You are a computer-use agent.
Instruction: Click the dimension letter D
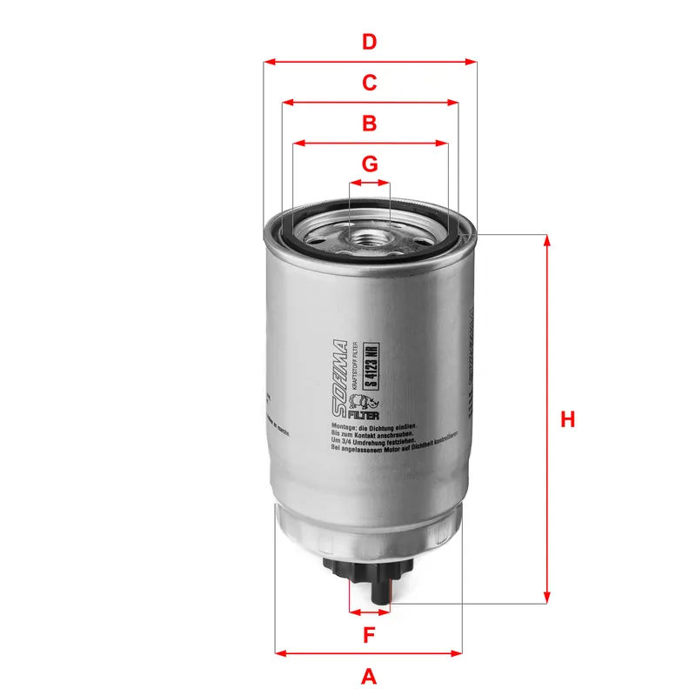click(370, 41)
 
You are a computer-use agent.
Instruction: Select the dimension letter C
click(370, 83)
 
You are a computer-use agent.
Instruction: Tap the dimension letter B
click(370, 124)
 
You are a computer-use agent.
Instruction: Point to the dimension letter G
click(370, 164)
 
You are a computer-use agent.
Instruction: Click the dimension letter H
click(567, 419)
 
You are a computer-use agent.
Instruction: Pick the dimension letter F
click(369, 635)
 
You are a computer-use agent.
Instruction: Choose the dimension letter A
click(369, 676)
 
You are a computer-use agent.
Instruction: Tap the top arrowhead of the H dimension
click(547, 239)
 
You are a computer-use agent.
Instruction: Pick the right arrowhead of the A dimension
click(458, 652)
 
